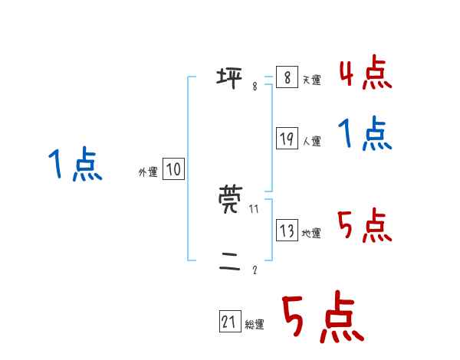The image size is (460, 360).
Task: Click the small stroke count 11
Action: (255, 209)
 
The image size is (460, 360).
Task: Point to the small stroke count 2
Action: (255, 270)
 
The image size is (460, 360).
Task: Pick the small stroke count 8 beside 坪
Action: (255, 86)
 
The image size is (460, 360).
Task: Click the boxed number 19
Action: (287, 139)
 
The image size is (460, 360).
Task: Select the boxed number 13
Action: (287, 231)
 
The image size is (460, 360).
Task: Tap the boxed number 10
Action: (173, 169)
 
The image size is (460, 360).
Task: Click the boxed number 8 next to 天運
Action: (287, 77)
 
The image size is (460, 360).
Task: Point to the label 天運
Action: (312, 80)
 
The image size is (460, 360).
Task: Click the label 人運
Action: (312, 142)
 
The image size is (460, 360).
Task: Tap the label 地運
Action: (312, 234)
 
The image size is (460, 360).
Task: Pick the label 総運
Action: (255, 326)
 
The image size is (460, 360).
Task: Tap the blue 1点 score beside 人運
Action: (365, 136)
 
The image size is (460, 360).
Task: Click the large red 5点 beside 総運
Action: (322, 319)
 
